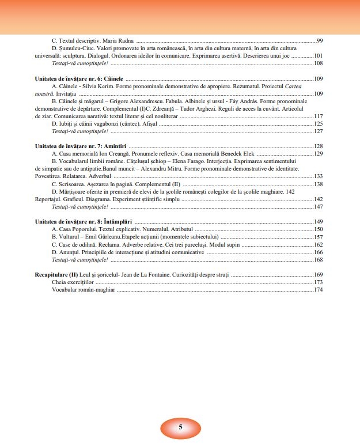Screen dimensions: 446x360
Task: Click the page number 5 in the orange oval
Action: (x=180, y=427)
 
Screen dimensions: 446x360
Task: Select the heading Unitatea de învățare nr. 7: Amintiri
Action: (x=81, y=146)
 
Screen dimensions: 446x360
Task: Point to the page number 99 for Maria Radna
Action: (x=319, y=41)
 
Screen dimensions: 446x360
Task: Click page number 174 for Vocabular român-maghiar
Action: (x=318, y=290)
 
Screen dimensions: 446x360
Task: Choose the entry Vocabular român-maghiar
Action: (x=83, y=290)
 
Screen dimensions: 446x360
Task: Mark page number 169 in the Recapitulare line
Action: (x=318, y=275)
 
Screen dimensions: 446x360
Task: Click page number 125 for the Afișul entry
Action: (x=318, y=123)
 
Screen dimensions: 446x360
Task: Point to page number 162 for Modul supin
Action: (x=318, y=244)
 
